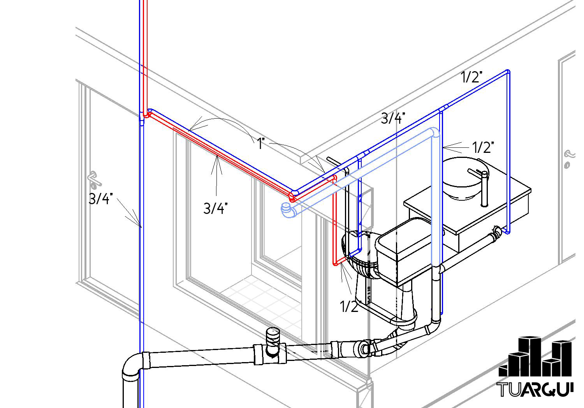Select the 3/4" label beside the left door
point(100,199)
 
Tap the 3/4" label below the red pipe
point(215,208)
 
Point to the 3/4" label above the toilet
point(393,118)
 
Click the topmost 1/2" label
point(471,77)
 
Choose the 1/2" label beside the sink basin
point(483,147)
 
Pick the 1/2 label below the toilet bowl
point(349,306)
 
